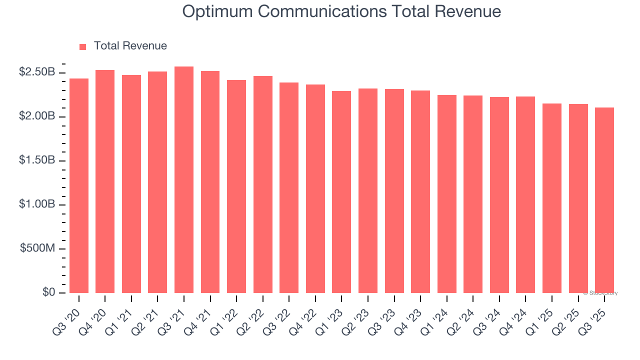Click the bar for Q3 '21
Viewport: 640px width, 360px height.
click(184, 179)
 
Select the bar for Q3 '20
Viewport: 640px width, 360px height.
click(79, 185)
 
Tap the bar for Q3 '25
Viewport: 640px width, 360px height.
click(604, 200)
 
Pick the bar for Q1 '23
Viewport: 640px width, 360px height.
click(341, 192)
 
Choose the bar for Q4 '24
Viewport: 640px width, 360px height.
click(525, 194)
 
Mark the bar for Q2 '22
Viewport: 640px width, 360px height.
click(263, 184)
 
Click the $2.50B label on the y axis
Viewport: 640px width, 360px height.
click(37, 72)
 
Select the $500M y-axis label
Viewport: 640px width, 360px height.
click(38, 249)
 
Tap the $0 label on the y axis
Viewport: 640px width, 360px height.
click(48, 292)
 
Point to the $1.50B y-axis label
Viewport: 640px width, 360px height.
click(37, 161)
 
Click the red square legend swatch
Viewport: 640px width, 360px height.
click(83, 47)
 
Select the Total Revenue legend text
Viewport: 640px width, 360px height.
click(130, 46)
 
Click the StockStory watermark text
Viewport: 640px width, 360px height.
click(600, 293)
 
